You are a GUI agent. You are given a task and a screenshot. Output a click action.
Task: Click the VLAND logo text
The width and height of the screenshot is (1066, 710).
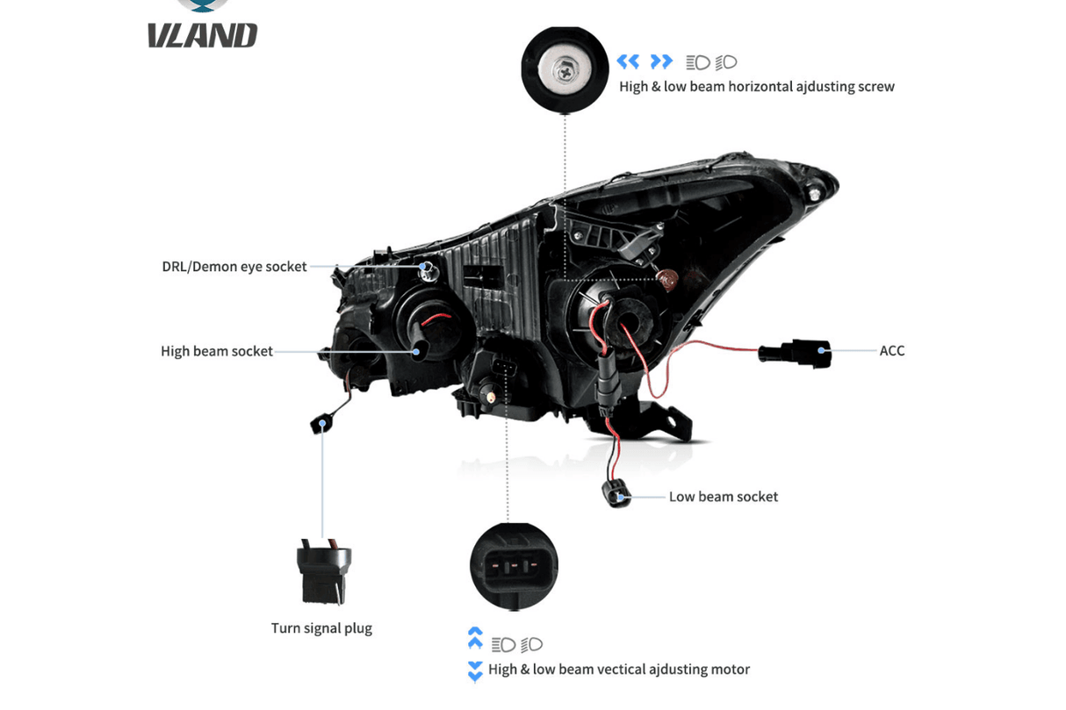pyautogui.click(x=202, y=35)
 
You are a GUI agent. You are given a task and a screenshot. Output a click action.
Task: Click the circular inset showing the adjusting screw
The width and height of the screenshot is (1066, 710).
pyautogui.click(x=565, y=69)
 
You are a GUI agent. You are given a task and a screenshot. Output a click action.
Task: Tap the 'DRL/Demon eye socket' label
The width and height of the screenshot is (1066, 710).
pyautogui.click(x=234, y=266)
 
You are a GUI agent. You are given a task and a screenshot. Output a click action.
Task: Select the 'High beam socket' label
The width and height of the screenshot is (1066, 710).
pyautogui.click(x=216, y=351)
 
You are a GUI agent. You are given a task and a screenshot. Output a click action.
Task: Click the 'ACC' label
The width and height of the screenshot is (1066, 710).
pyautogui.click(x=891, y=350)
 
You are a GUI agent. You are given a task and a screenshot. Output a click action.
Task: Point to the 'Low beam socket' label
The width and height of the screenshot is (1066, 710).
pyautogui.click(x=723, y=497)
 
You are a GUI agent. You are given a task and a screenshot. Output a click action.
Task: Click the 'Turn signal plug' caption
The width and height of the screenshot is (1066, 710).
pyautogui.click(x=321, y=628)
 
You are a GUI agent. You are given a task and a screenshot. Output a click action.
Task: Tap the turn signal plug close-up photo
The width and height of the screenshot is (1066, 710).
pyautogui.click(x=324, y=572)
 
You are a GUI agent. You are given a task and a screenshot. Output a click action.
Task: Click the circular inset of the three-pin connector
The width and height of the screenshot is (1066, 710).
pyautogui.click(x=514, y=566)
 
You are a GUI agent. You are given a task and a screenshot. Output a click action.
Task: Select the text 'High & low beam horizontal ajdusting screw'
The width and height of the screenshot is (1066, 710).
pyautogui.click(x=756, y=86)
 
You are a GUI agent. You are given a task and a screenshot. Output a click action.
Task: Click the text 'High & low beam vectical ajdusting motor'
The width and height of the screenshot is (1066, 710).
pyautogui.click(x=618, y=670)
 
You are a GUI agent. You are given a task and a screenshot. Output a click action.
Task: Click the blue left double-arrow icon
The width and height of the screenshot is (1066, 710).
pyautogui.click(x=628, y=61)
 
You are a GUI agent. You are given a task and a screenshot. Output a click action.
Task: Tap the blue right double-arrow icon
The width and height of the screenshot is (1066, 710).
pyautogui.click(x=661, y=61)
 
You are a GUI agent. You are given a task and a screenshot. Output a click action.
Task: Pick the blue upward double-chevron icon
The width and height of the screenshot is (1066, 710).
pyautogui.click(x=475, y=638)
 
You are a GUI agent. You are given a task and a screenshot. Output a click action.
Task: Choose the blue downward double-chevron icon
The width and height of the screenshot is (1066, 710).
pyautogui.click(x=475, y=671)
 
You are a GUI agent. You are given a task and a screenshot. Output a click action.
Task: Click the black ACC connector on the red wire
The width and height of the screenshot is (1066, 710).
pyautogui.click(x=796, y=353)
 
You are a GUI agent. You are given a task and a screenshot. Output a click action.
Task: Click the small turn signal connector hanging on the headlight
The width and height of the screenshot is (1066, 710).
pyautogui.click(x=321, y=424)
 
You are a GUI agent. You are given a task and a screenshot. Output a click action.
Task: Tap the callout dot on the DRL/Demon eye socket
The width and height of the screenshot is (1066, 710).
pyautogui.click(x=424, y=266)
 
